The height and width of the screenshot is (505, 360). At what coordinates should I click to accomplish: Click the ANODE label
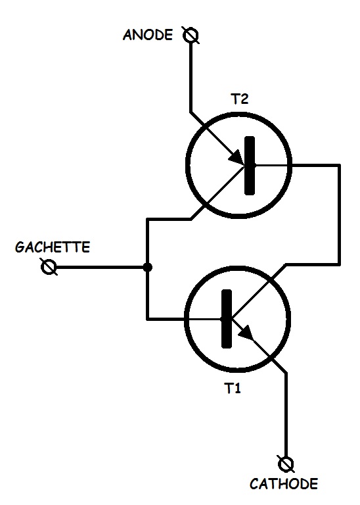[x=148, y=34]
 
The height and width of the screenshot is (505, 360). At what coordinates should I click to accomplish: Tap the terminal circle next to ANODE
[x=191, y=35]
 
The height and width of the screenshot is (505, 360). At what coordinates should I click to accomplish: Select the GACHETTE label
[x=52, y=247]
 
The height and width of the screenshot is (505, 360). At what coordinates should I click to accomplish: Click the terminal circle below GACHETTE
[x=49, y=267]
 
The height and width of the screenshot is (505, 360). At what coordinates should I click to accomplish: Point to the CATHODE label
[x=284, y=484]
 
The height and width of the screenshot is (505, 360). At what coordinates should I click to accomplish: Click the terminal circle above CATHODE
[x=286, y=464]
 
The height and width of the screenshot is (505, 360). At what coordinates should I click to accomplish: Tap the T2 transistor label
[x=240, y=99]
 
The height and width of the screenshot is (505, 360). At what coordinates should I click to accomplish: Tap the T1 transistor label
[x=233, y=389]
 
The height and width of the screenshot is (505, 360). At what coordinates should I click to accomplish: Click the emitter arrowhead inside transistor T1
[x=246, y=332]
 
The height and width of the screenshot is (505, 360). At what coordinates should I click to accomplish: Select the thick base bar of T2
[x=250, y=166]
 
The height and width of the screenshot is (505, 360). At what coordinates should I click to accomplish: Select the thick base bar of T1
[x=227, y=319]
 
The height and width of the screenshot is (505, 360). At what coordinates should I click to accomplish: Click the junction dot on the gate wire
[x=147, y=267]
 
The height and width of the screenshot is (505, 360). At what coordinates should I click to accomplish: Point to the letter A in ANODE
[x=127, y=35]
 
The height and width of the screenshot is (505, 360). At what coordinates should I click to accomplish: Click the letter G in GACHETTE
[x=20, y=247]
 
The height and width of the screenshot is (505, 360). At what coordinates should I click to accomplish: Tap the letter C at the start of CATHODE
[x=254, y=484]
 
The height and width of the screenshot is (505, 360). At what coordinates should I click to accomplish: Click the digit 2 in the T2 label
[x=244, y=99]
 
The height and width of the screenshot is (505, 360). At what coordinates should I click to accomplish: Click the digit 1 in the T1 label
[x=237, y=389]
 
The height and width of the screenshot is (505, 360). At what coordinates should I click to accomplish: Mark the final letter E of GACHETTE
[x=85, y=247]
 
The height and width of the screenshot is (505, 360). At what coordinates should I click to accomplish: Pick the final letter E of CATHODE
[x=313, y=484]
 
